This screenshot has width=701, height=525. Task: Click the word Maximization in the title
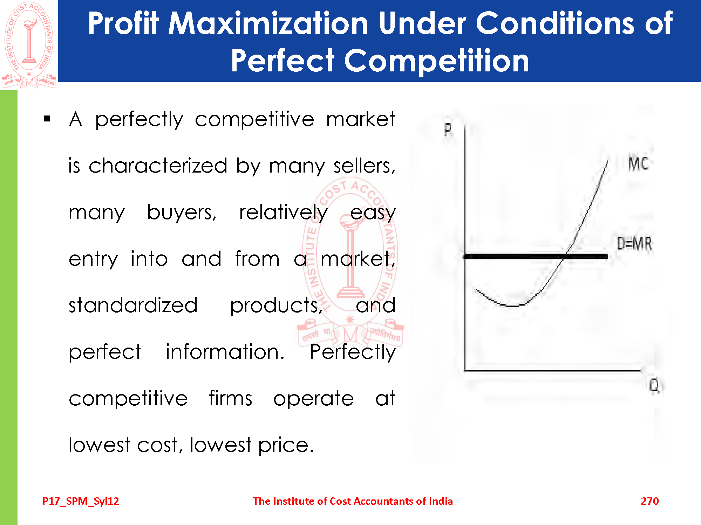[x=268, y=23]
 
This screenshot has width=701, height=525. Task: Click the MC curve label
[x=638, y=163]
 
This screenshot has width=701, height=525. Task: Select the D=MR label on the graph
[x=634, y=243]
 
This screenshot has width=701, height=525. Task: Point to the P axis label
[x=448, y=129]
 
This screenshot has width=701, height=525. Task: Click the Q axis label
[x=654, y=386]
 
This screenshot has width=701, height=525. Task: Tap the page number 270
[x=650, y=501]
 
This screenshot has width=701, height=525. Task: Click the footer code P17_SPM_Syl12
[x=81, y=501]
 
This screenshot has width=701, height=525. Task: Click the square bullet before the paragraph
[x=47, y=119]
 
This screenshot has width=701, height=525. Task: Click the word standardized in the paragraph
[x=133, y=305]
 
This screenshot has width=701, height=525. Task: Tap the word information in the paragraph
[x=225, y=351]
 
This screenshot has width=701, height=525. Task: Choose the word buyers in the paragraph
[x=182, y=212]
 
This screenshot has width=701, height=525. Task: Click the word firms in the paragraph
[x=231, y=398]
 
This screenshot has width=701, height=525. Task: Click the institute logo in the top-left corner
[x=29, y=44]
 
